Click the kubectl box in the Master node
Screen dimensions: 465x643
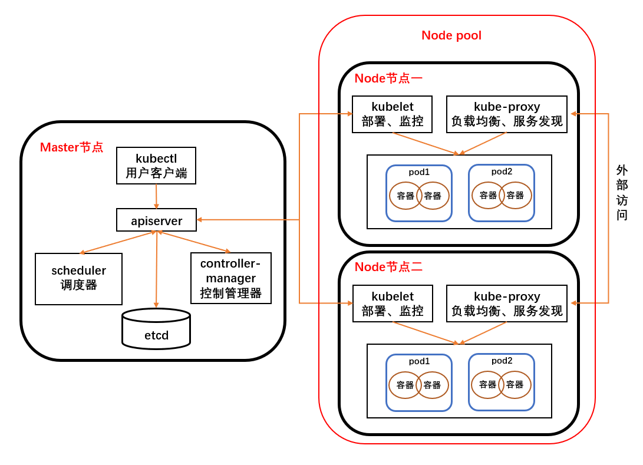156,166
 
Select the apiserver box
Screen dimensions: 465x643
156,220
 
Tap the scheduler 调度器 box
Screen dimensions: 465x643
78,279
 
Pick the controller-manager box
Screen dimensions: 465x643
231,278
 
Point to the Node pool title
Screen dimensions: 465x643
451,35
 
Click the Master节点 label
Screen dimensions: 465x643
71,147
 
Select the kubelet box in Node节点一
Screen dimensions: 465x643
392,114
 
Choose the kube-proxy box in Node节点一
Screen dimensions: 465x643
507,114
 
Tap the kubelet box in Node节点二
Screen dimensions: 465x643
393,304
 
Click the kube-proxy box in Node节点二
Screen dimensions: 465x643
507,304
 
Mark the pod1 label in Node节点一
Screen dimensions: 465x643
419,172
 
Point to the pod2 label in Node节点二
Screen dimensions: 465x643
502,361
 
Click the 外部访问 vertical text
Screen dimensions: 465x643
622,193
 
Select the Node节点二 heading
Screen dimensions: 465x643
388,267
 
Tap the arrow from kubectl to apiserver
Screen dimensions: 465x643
156,196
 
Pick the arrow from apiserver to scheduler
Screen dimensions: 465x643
117,243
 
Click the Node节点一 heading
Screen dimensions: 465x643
388,78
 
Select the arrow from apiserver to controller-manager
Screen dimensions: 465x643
194,242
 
